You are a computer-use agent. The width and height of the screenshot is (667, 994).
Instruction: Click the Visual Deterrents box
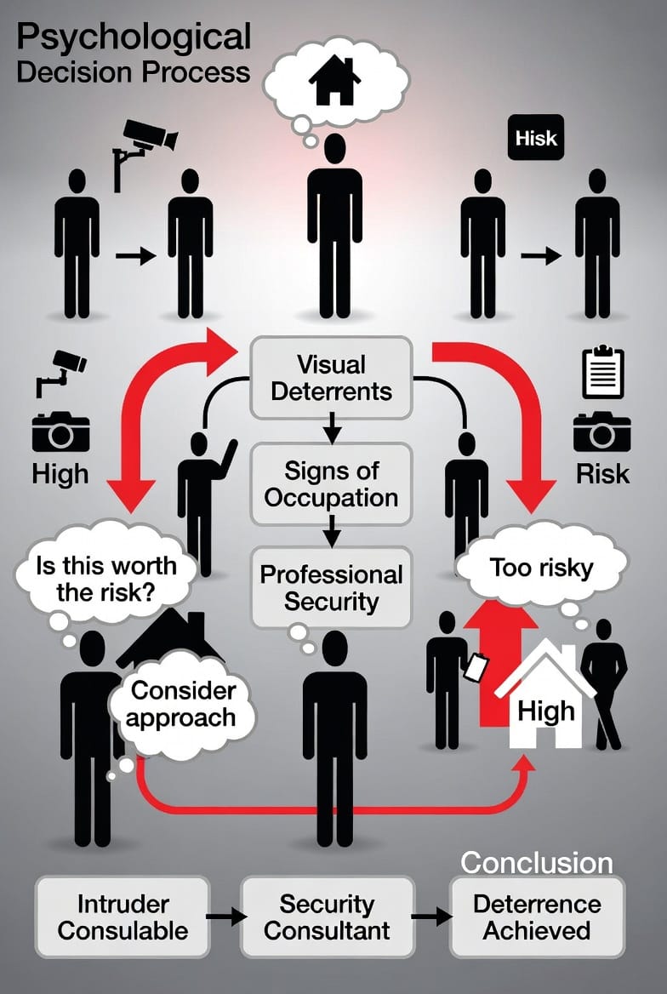click(x=332, y=377)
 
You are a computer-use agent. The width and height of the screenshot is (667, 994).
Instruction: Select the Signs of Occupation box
click(x=332, y=483)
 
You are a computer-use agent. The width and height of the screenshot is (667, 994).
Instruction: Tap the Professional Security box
click(x=332, y=587)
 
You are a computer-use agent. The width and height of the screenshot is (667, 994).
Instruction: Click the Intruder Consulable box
click(x=123, y=917)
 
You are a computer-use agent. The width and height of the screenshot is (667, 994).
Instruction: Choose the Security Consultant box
click(x=327, y=917)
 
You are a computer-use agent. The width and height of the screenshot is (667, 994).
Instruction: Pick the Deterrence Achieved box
click(x=537, y=917)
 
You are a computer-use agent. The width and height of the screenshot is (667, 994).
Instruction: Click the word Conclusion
click(x=537, y=862)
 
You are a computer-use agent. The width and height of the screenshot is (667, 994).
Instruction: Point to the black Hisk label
click(x=536, y=137)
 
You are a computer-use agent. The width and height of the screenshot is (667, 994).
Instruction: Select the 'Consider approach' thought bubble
click(x=183, y=703)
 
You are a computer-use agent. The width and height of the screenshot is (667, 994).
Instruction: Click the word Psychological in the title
click(x=134, y=37)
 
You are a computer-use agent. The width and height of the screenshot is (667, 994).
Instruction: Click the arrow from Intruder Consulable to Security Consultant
click(x=225, y=917)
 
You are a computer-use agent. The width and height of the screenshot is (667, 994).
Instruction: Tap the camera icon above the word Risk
click(x=601, y=431)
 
